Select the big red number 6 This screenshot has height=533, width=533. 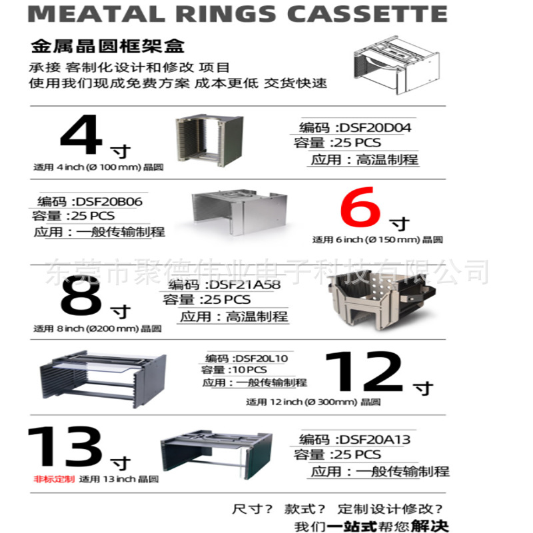click(360, 211)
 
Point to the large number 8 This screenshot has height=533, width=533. click(81, 298)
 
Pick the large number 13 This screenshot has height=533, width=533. click(65, 447)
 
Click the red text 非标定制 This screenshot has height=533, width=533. click(54, 479)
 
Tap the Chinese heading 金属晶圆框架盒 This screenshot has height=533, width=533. click(108, 47)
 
